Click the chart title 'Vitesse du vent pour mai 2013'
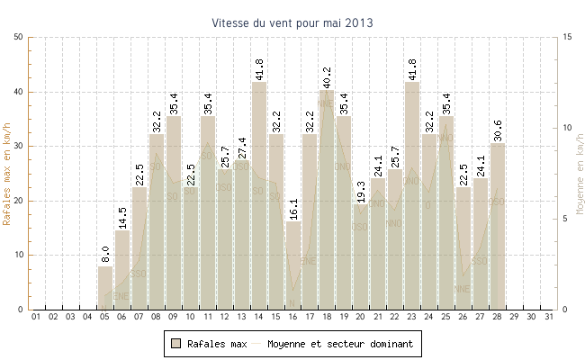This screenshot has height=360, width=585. (292, 22)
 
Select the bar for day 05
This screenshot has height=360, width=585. (105, 288)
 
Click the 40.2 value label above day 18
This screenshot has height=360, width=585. (327, 76)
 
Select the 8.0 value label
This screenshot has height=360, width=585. (105, 255)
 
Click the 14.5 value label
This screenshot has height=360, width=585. (122, 217)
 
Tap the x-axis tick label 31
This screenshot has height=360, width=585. (549, 317)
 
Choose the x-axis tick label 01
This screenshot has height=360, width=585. (37, 317)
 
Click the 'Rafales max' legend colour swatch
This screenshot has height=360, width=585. (176, 344)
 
